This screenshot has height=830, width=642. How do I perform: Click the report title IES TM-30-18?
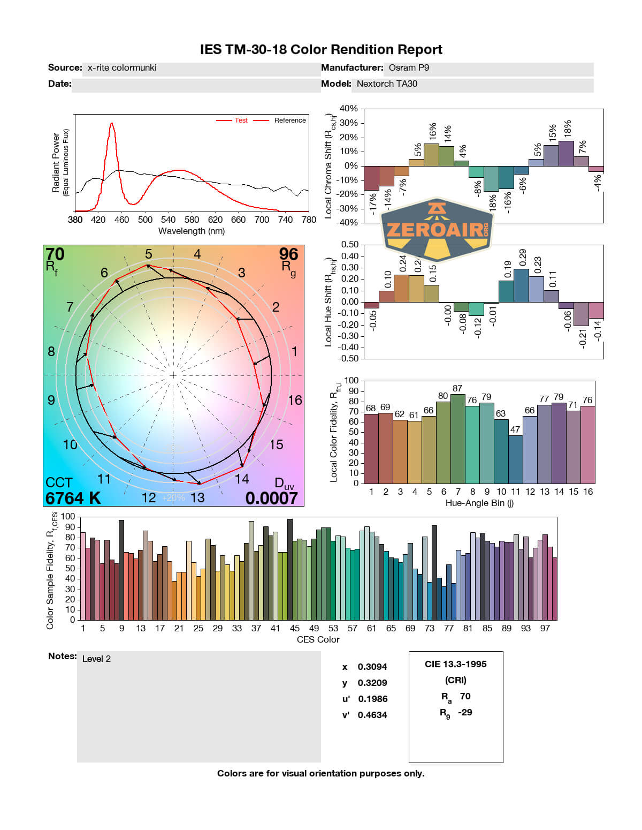(320, 50)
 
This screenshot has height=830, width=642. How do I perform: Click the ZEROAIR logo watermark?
(437, 229)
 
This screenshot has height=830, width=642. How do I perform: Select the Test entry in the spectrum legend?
(241, 120)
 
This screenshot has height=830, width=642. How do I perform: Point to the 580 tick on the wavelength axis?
(192, 220)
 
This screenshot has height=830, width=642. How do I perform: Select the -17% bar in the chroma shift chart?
(371, 178)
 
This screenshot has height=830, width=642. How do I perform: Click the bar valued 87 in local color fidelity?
(457, 439)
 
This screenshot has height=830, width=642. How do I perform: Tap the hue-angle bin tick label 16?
(588, 492)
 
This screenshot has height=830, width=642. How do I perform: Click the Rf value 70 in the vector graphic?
(55, 254)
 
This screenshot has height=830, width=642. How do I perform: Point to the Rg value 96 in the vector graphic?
(288, 254)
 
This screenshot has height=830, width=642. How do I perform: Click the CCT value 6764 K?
(73, 499)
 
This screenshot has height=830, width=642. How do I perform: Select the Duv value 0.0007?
(271, 499)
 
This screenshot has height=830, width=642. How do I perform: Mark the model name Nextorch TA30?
(387, 84)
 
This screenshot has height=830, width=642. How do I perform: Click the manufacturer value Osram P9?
(409, 68)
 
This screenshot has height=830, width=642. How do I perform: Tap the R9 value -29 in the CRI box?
(465, 713)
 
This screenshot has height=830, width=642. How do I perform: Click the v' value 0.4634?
(372, 715)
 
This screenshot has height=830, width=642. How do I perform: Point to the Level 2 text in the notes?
(96, 659)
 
